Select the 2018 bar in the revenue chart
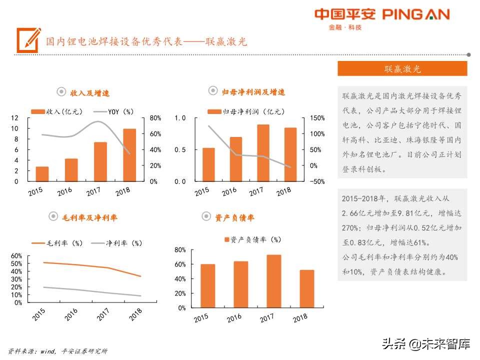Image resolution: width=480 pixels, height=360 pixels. (129, 155)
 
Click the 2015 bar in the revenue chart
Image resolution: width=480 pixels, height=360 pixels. (42, 173)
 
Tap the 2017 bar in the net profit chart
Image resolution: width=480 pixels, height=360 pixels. (263, 152)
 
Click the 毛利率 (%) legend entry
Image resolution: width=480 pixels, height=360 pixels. (57, 243)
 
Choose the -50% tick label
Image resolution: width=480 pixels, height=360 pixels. (316, 181)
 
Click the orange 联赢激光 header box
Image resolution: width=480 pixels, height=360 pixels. (402, 68)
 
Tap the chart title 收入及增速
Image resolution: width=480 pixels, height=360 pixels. (83, 93)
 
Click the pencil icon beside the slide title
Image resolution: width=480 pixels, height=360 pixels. (28, 40)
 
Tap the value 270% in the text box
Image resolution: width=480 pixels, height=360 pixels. (351, 227)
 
